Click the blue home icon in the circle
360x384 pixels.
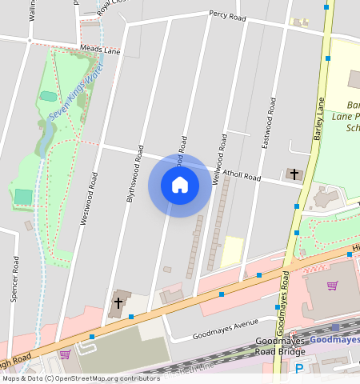pyautogui.click(x=180, y=185)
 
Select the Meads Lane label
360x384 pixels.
pyautogui.click(x=100, y=50)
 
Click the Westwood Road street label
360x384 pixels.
pyautogui.click(x=88, y=198)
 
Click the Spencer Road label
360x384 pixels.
pyautogui.click(x=14, y=278)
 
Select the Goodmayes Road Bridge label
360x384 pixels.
pyautogui.click(x=280, y=346)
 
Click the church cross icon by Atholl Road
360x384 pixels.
pyautogui.click(x=294, y=174)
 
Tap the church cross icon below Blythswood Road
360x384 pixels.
pyautogui.click(x=118, y=302)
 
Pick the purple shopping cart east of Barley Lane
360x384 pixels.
pyautogui.click(x=332, y=285)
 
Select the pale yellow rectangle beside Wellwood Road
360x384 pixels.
pyautogui.click(x=232, y=250)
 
